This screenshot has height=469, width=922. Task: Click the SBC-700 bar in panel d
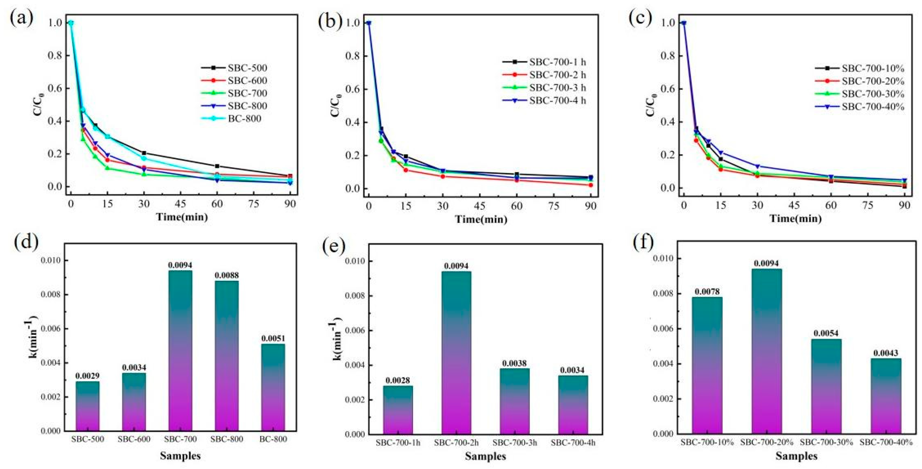180,351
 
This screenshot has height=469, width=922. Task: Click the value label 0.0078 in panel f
707,291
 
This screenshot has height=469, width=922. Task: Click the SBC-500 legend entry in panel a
247,68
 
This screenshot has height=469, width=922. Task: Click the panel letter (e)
333,247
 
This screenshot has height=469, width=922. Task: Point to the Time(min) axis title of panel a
182,217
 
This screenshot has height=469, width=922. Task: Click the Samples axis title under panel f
796,456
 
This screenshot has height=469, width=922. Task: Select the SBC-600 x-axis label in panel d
134,439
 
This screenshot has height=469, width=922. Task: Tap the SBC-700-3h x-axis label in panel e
515,442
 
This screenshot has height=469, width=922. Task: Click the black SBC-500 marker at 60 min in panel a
217,166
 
